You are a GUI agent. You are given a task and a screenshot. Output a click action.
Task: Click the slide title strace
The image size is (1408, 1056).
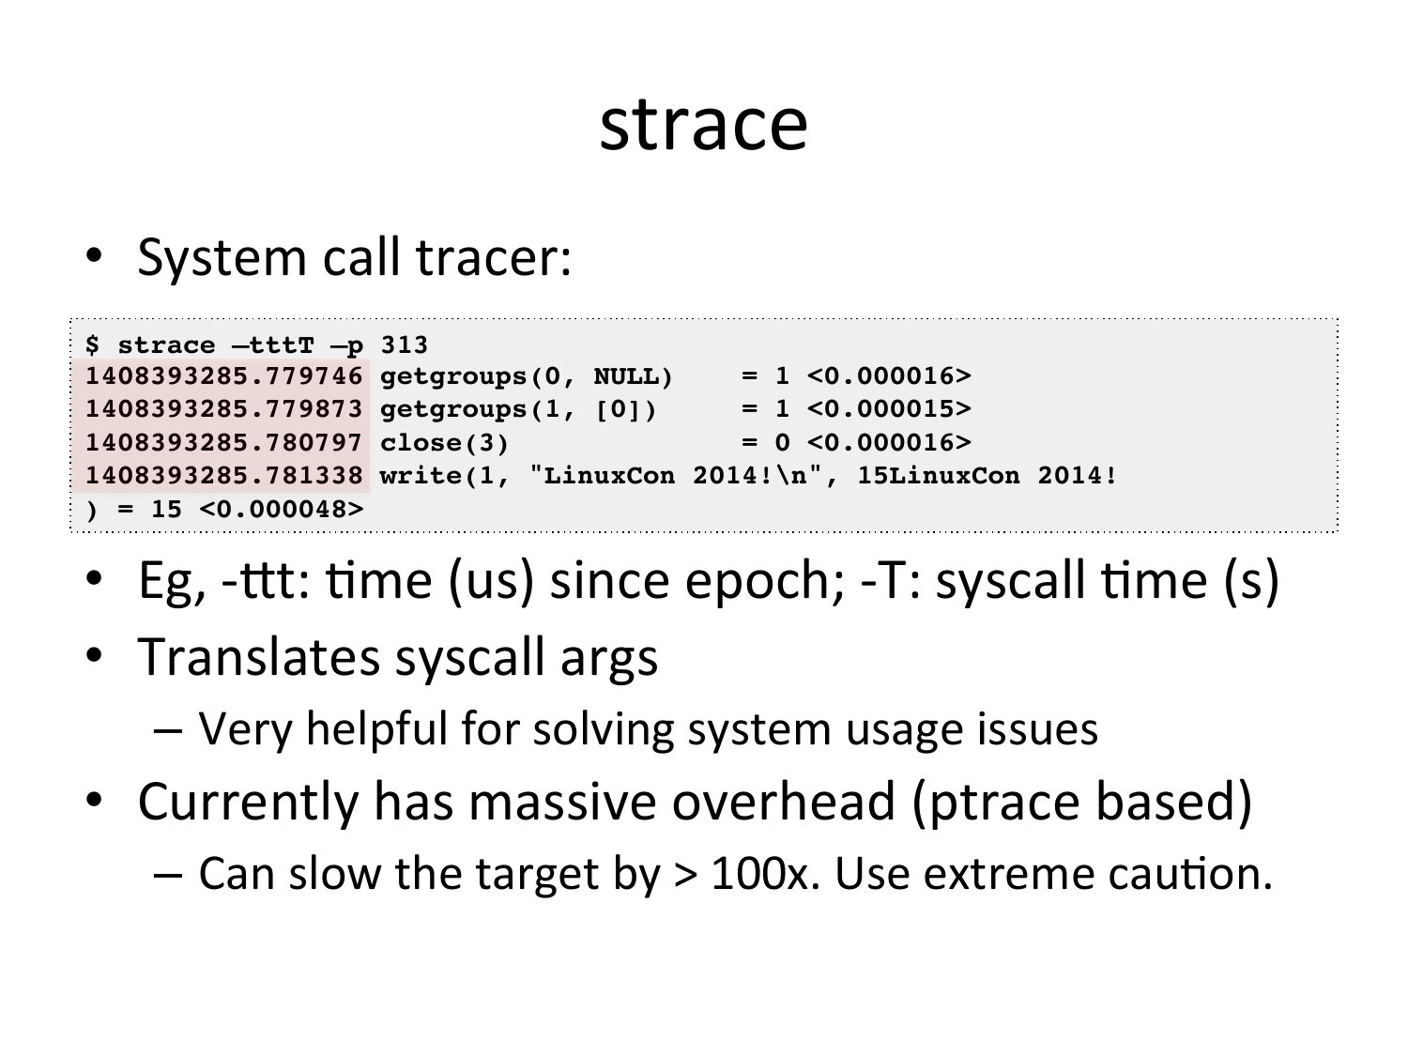point(703,125)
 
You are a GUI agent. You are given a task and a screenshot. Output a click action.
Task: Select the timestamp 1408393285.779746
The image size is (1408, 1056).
point(223,375)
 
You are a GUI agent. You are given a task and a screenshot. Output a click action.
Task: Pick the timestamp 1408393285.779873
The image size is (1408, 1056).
point(223,409)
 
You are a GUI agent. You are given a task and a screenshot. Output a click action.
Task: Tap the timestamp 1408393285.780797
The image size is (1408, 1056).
point(223,442)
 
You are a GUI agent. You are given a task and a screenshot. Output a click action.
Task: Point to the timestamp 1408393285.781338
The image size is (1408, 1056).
point(223,476)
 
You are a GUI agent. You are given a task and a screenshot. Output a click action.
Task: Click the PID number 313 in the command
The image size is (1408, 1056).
point(405,344)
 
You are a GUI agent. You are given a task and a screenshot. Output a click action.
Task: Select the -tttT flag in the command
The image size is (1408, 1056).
point(273,344)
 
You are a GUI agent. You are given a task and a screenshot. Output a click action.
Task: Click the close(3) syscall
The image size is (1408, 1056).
point(444,443)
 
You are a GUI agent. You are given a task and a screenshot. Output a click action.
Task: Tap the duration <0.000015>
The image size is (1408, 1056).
point(889,409)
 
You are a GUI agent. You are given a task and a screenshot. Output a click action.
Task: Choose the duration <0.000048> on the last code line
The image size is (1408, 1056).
point(281,510)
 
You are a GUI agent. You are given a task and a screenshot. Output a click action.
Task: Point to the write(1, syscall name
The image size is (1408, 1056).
point(444,477)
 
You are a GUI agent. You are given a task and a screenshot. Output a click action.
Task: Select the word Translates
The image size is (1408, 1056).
point(259,656)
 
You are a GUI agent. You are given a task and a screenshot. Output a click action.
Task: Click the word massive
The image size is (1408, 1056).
point(562,802)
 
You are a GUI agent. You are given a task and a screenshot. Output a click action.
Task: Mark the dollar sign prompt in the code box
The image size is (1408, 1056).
point(92,344)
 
